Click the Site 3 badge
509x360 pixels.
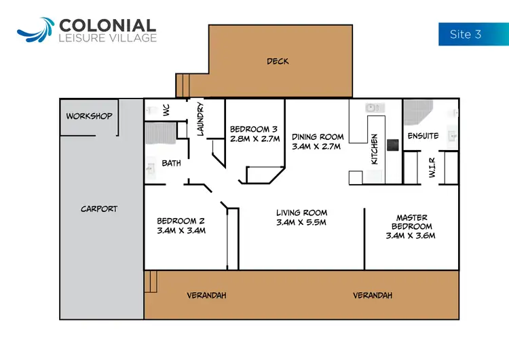coord(466,34)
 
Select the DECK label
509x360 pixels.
coord(278,61)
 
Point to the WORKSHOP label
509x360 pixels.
coord(89,116)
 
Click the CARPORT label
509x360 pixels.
coord(99,209)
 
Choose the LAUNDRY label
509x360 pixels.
coord(201,119)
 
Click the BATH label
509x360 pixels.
coord(170,163)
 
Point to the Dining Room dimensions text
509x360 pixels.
coord(317,146)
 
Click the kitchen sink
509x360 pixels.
coord(371,107)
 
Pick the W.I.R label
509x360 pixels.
coord(432,166)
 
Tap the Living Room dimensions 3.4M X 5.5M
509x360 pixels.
coord(301,222)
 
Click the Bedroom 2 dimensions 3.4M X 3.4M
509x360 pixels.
coord(181,230)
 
